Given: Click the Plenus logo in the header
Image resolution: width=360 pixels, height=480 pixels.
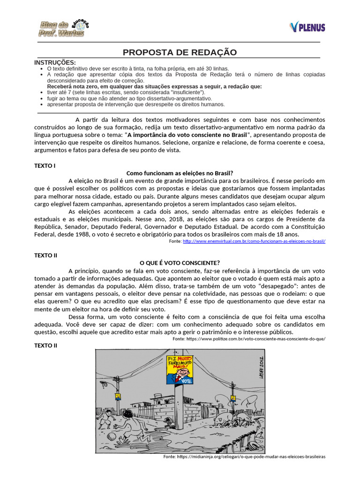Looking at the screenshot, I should click(x=307, y=27).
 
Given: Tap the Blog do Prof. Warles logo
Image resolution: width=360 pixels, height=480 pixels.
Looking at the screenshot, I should click(x=63, y=29).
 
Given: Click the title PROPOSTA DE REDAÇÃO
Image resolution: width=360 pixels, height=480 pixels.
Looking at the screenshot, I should click(x=180, y=52).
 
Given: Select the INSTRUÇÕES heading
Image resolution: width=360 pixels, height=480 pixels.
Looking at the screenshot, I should click(x=55, y=62).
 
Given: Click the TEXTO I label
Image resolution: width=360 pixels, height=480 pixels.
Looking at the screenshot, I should click(x=45, y=165).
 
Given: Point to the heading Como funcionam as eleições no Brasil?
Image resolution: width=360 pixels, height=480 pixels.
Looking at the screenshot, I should click(x=180, y=172).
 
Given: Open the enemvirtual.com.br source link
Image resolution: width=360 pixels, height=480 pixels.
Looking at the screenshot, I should click(x=254, y=241).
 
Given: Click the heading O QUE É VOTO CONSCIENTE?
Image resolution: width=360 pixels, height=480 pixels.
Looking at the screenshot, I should click(x=180, y=262).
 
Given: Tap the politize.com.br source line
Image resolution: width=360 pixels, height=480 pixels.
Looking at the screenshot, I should click(x=249, y=338).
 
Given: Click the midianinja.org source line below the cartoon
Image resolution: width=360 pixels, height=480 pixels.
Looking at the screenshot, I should click(x=244, y=456).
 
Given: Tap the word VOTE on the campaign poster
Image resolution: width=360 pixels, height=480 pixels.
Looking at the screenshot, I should click(x=187, y=381).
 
